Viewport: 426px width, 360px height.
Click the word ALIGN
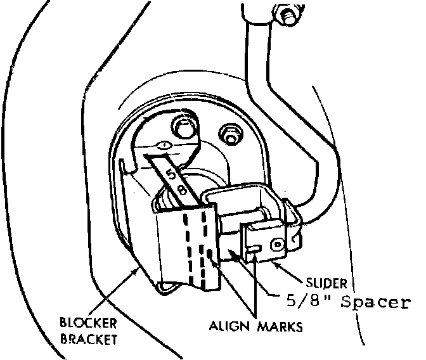coord(230,327)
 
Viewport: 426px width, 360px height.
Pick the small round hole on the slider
coord(275,243)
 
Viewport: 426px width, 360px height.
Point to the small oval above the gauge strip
coord(164,145)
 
